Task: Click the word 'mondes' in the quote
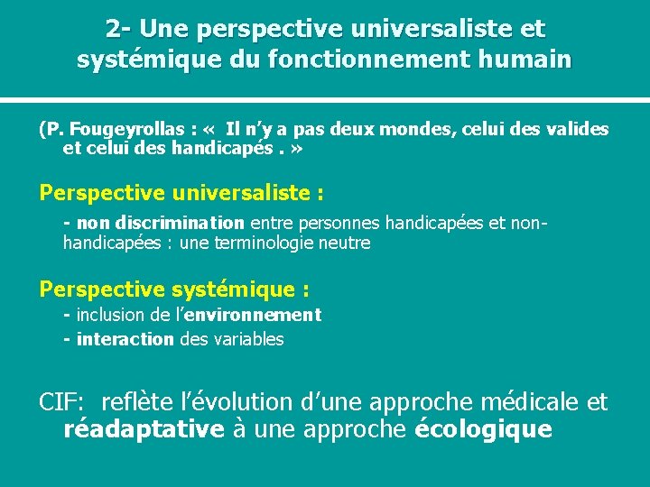[414, 130]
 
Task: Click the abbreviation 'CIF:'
[61, 402]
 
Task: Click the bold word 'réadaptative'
[144, 428]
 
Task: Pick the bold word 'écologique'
[483, 428]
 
